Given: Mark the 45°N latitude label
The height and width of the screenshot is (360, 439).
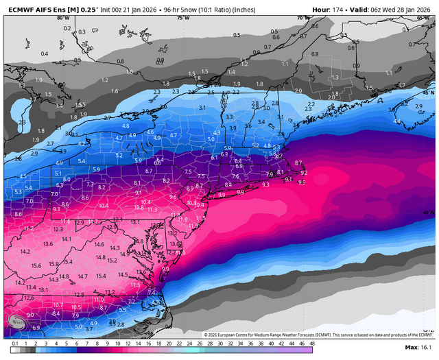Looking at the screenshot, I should tap(429, 92).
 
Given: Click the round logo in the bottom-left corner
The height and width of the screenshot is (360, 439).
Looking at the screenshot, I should tap(15, 321).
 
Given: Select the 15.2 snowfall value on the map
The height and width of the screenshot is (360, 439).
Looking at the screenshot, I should tap(112, 261).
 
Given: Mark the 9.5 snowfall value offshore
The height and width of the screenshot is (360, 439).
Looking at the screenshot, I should tap(303, 183).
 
